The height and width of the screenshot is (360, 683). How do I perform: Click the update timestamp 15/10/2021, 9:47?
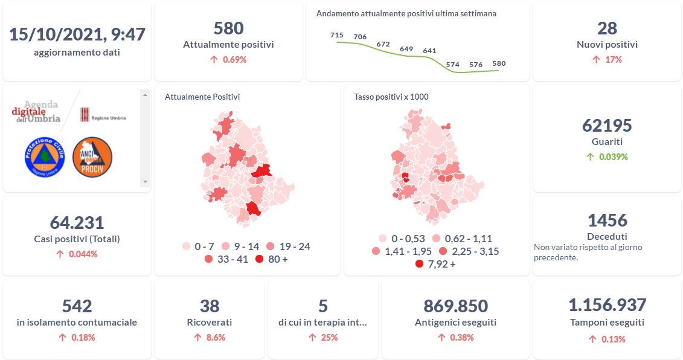click(x=77, y=34)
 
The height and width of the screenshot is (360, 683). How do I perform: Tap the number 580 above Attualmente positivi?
click(x=228, y=28)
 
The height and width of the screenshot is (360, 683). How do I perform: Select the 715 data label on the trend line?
click(x=337, y=35)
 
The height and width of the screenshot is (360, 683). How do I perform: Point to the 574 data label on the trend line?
click(x=452, y=64)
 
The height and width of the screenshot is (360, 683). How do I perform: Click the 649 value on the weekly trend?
click(x=406, y=49)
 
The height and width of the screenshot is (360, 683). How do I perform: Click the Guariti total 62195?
click(x=607, y=126)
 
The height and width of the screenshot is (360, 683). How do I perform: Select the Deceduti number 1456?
click(x=607, y=220)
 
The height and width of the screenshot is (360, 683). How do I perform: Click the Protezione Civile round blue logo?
click(x=44, y=157)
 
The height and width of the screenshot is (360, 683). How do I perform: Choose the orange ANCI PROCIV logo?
click(x=92, y=157)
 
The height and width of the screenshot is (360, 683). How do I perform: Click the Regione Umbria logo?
click(x=103, y=114)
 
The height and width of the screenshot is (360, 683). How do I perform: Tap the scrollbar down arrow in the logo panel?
click(x=144, y=181)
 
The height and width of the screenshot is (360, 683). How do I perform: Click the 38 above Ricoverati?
click(x=210, y=306)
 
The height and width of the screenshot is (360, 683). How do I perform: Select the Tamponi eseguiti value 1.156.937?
click(x=607, y=305)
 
